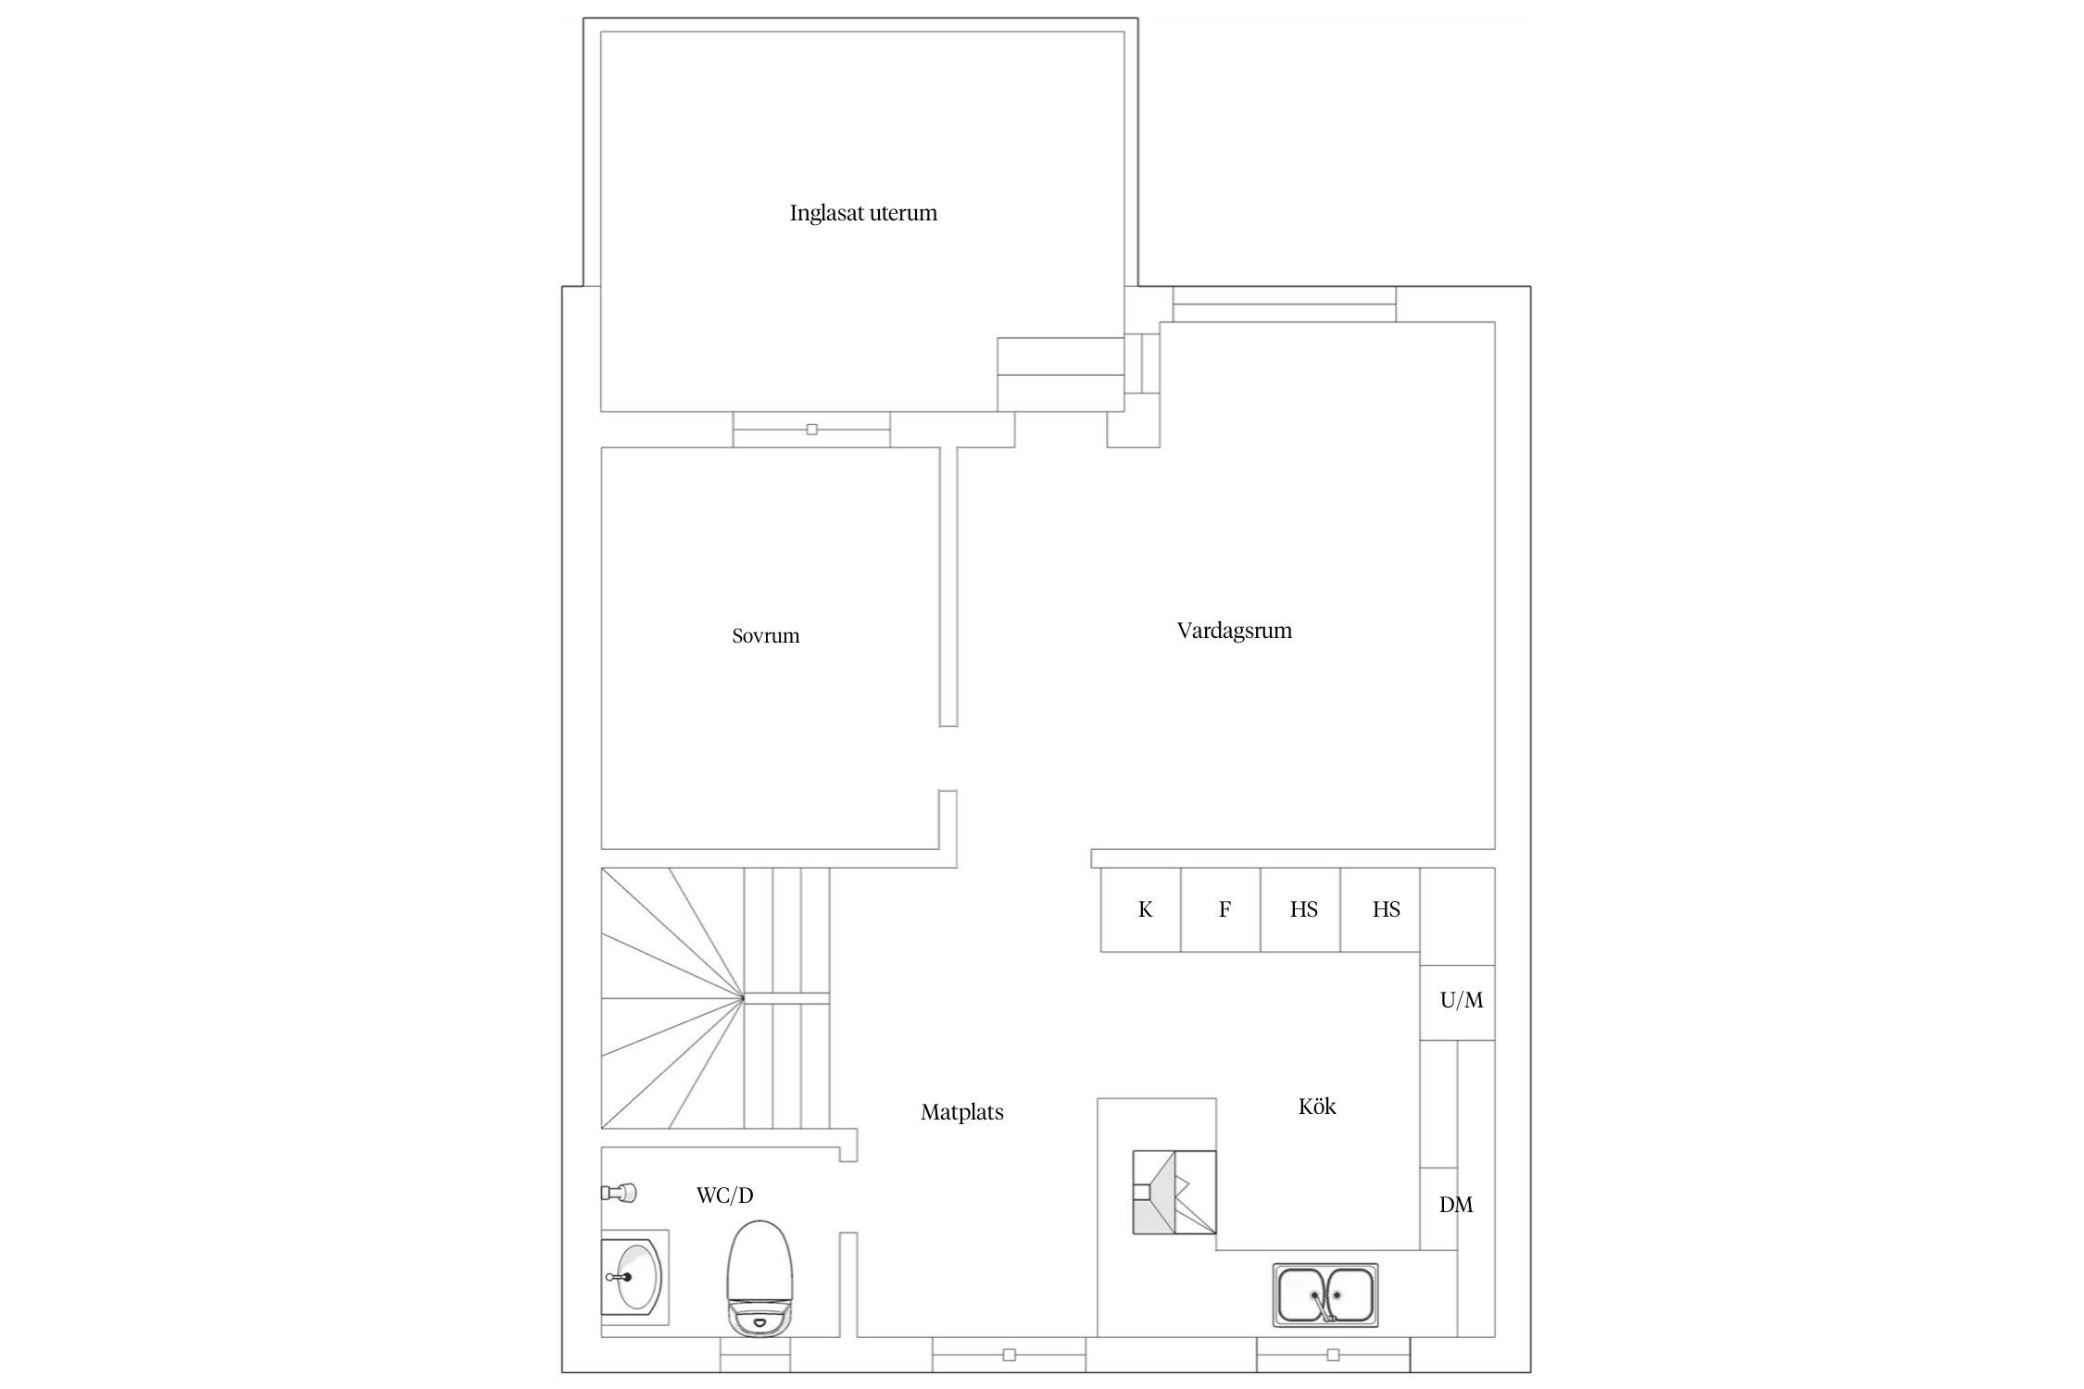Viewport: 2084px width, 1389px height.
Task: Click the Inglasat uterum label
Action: click(x=863, y=213)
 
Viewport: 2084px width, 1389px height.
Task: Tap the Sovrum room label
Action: click(x=765, y=635)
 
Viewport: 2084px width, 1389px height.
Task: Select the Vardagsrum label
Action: click(x=1234, y=631)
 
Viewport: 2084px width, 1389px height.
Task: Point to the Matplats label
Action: click(x=961, y=1112)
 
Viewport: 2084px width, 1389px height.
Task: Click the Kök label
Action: click(x=1316, y=1106)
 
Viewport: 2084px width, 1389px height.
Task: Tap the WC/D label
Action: click(x=724, y=1195)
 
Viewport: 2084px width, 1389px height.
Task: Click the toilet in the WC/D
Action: click(x=760, y=1278)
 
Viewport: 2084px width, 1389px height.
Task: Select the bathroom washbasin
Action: click(x=634, y=1277)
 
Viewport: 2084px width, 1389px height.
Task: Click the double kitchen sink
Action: click(x=1324, y=1295)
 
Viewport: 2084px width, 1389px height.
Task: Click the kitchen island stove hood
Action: click(x=1174, y=1192)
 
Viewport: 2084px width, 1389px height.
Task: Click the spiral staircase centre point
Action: click(x=743, y=998)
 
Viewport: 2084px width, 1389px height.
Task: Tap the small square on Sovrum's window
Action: click(x=812, y=430)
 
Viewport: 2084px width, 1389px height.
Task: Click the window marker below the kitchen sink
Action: click(x=1333, y=1355)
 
